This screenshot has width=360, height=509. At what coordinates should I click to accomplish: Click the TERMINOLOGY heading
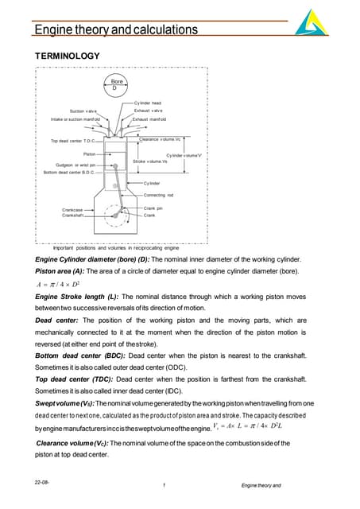(68, 56)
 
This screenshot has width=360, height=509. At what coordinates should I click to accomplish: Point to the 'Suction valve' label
(87, 111)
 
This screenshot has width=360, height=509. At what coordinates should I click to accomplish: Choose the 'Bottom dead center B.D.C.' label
(69, 172)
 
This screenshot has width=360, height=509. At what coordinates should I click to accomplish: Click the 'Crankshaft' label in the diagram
(74, 216)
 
